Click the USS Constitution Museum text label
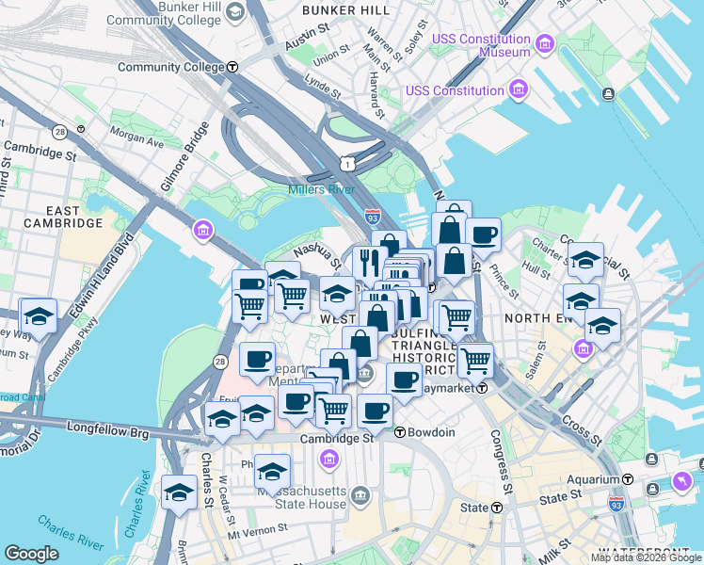point(481,45)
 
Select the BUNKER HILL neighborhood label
point(347,9)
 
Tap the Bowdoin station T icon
point(399,432)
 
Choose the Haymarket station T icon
point(482,387)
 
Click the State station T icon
point(496,508)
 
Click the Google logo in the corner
point(31,553)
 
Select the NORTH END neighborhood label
point(537,318)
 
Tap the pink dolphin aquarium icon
point(680,482)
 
